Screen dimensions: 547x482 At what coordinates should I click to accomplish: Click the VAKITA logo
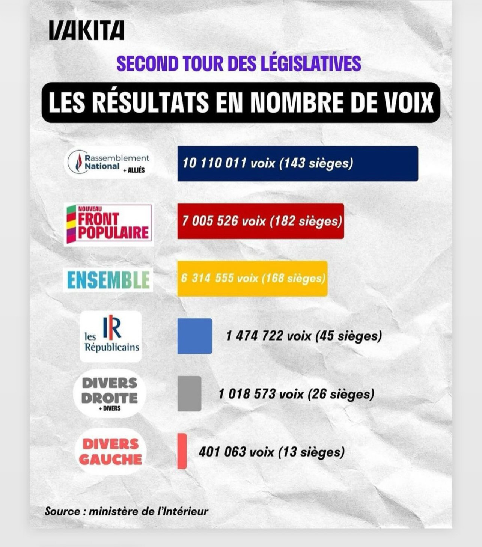[x=86, y=30]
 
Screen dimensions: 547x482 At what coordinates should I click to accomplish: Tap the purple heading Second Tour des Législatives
[x=239, y=63]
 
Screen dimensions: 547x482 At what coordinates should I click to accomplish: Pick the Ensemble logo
[x=108, y=280]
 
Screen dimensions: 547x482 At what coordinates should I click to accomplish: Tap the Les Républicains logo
[x=111, y=336]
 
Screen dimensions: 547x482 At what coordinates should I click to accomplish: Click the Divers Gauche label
[x=110, y=452]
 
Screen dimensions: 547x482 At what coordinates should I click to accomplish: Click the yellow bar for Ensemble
[x=252, y=279]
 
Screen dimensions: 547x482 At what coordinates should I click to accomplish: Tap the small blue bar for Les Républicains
[x=194, y=336]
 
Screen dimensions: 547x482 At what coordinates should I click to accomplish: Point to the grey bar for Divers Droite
[x=189, y=393]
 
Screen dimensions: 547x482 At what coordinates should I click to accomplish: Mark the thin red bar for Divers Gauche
[x=182, y=451]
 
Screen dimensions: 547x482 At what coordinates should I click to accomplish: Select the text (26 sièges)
[x=340, y=394]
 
